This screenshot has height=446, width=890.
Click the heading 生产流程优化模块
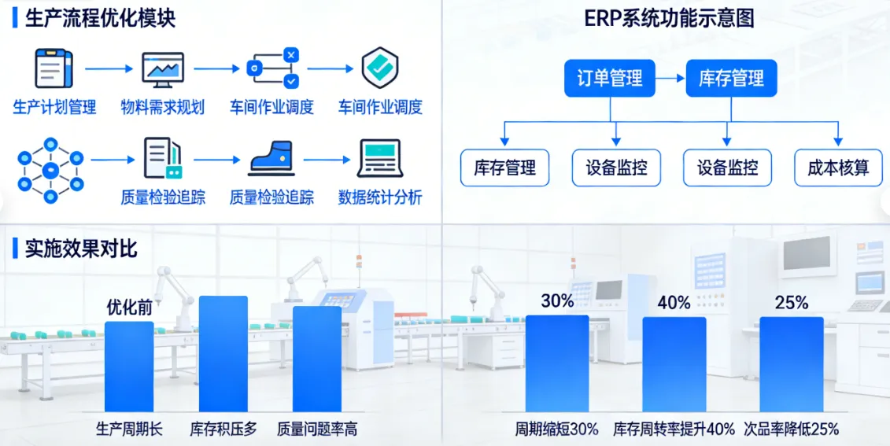point(100,18)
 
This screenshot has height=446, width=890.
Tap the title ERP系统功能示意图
point(670,18)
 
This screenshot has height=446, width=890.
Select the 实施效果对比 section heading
point(81,249)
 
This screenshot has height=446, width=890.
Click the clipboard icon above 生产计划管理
point(54,68)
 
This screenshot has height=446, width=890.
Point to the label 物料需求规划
point(163,107)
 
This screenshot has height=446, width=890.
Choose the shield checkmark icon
point(380,68)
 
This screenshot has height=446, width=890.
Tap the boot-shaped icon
point(271,159)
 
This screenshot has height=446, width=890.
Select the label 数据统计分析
point(380,197)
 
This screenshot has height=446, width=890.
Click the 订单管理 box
point(610,79)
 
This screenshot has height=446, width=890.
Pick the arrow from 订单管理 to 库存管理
point(670,79)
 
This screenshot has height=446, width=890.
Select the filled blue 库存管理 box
point(731,79)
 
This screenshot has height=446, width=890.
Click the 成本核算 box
point(839,168)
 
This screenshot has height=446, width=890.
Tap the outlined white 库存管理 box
point(505,168)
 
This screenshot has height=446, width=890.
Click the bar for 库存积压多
point(223,354)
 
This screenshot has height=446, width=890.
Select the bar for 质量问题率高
point(317,359)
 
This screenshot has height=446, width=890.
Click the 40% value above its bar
point(674,302)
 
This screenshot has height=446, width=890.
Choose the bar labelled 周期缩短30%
point(557,363)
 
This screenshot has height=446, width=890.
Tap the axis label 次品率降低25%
point(791,429)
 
